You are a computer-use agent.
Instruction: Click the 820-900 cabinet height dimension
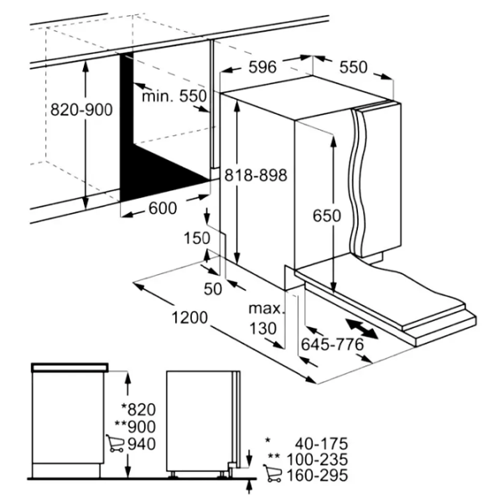(x=81, y=110)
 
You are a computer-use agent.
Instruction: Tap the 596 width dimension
(x=262, y=67)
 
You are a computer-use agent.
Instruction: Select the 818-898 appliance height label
(x=256, y=175)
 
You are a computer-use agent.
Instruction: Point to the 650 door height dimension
(x=327, y=215)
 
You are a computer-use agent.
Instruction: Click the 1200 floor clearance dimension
(x=189, y=318)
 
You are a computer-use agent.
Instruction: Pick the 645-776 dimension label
(x=332, y=345)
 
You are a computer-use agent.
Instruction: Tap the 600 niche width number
(x=163, y=208)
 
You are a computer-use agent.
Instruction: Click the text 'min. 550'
(x=174, y=96)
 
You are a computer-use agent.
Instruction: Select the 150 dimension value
(x=197, y=238)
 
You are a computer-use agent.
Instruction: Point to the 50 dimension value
(x=213, y=289)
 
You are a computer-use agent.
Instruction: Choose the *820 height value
(x=138, y=410)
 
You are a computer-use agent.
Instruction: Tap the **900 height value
(x=135, y=427)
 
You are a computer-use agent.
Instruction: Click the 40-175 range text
(x=321, y=444)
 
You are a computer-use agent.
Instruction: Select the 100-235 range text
(x=317, y=459)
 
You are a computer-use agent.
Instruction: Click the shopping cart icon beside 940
(x=115, y=443)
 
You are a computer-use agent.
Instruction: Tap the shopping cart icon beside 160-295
(x=272, y=473)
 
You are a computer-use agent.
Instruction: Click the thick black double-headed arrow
(x=361, y=328)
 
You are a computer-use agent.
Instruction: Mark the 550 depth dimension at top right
(x=353, y=67)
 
